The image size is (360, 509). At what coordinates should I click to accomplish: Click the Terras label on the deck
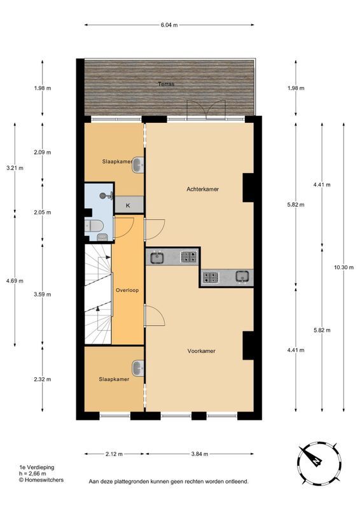click(x=167, y=84)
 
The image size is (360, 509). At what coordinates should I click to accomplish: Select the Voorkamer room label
click(x=201, y=351)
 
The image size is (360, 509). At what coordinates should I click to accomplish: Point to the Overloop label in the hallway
click(x=127, y=290)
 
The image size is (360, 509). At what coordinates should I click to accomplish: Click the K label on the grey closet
click(x=128, y=205)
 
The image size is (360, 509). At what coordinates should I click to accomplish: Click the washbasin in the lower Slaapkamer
click(x=137, y=368)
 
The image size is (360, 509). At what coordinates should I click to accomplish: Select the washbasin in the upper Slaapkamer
click(x=138, y=165)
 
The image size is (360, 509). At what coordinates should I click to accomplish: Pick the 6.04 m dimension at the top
click(x=168, y=25)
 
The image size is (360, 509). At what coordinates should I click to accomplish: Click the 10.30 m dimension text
click(x=343, y=267)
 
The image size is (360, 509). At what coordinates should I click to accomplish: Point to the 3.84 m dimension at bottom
click(x=201, y=454)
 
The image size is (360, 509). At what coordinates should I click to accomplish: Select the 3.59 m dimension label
click(x=43, y=295)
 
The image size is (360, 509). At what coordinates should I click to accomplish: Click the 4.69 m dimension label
click(x=14, y=280)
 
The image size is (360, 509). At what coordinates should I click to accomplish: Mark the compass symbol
click(x=314, y=459)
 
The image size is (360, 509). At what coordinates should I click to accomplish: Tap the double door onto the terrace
click(x=204, y=110)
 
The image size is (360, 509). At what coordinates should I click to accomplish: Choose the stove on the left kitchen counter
click(x=188, y=257)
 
